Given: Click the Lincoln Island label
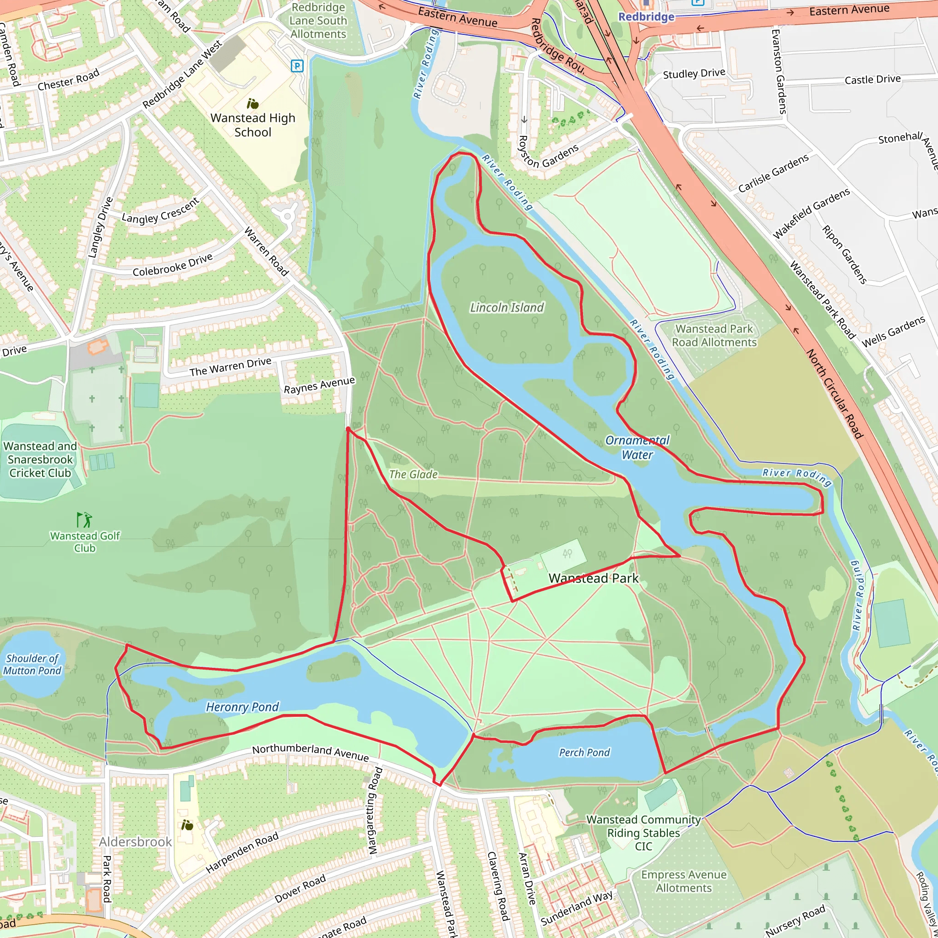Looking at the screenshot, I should click(x=507, y=307).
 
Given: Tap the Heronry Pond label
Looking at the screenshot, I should click(x=242, y=707).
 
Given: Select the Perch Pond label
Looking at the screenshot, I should click(x=584, y=753).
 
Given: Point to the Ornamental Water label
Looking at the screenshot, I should click(x=637, y=447).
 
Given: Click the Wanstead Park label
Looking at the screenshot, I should click(x=593, y=578).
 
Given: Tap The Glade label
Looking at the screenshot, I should click(x=413, y=474).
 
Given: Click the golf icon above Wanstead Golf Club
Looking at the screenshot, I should click(x=84, y=519).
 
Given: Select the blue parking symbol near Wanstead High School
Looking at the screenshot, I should click(x=297, y=65).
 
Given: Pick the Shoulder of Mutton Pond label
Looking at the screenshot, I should click(x=33, y=665).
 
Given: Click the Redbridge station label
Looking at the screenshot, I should click(x=646, y=16).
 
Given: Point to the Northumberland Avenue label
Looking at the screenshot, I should click(x=310, y=753).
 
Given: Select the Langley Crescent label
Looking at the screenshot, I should click(x=160, y=211).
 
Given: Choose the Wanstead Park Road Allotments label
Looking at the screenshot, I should click(x=714, y=335).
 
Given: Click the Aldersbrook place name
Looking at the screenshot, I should click(x=136, y=842).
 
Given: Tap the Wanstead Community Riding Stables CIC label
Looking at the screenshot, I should click(x=644, y=833).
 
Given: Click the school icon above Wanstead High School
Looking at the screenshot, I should click(x=252, y=104).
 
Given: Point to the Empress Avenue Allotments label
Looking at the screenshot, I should click(x=684, y=881).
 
